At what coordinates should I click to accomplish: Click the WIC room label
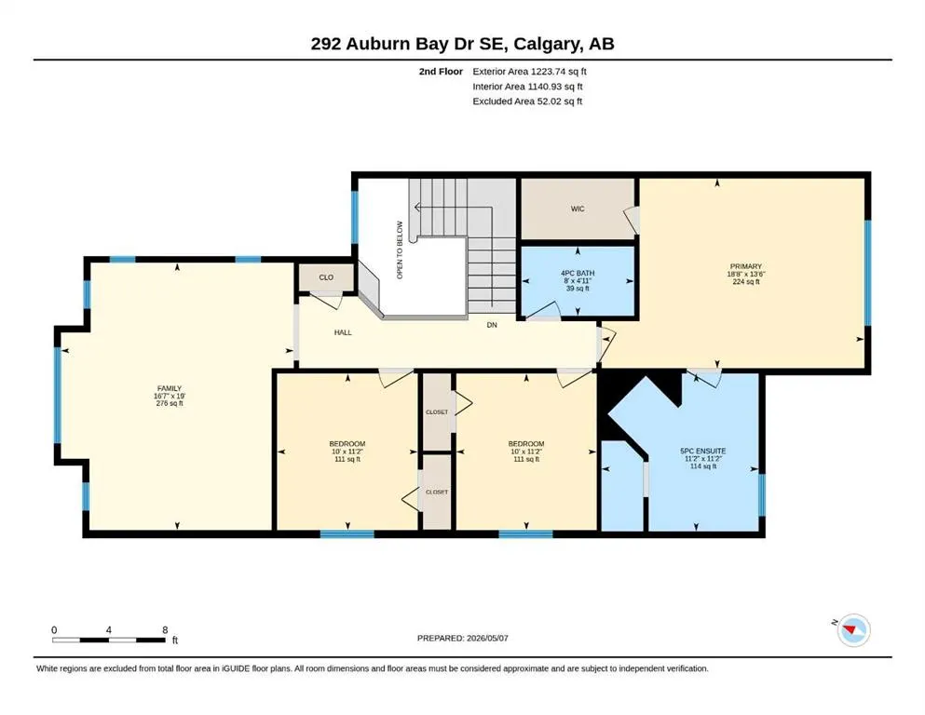pos(578,209)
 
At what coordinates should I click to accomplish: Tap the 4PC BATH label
pos(578,274)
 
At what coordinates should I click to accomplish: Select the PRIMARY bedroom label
pos(745,266)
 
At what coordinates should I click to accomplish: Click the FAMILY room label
pos(170,388)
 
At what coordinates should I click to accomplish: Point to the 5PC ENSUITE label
pos(703,451)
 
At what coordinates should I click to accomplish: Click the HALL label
pos(343,332)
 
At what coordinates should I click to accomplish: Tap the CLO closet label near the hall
pos(326,277)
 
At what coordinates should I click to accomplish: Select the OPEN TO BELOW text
pos(400,250)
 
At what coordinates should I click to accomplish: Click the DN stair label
pos(492,325)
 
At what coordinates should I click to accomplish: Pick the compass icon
pos(853,630)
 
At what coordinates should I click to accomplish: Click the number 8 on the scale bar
pos(165,630)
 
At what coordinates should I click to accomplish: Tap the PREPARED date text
pos(462,638)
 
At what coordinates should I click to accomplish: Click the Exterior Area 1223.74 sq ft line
pos(529,72)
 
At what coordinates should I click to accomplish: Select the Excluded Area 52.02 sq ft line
pos(527,101)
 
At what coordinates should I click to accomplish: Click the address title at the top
pos(462,44)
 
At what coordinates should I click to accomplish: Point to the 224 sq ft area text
pos(745,282)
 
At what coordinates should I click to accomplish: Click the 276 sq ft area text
pos(170,404)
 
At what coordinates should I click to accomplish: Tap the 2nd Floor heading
pos(441,72)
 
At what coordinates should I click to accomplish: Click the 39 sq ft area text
pos(578,289)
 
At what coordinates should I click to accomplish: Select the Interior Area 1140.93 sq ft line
pos(527,86)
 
